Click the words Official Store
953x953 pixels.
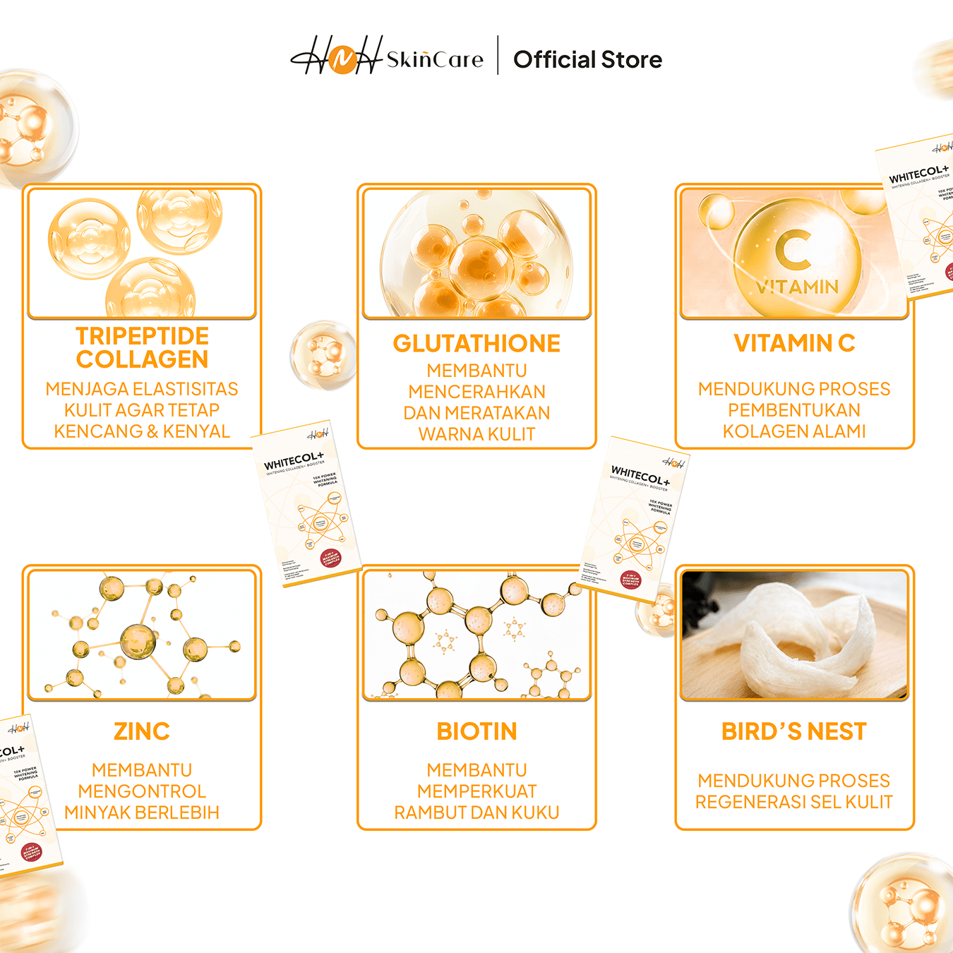587,60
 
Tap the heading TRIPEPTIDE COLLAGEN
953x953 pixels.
142,347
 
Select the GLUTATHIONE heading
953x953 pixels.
476,344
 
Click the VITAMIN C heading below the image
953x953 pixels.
794,343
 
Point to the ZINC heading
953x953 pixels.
142,731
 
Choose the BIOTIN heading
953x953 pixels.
476,731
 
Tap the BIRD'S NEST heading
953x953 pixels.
794,731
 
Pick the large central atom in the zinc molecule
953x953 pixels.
138,641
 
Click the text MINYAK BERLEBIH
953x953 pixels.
142,813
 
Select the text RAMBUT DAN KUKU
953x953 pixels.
476,813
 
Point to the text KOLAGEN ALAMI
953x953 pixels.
794,431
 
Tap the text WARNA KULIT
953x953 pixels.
476,434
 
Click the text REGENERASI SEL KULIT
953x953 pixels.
794,802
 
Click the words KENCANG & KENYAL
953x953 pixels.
142,431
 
